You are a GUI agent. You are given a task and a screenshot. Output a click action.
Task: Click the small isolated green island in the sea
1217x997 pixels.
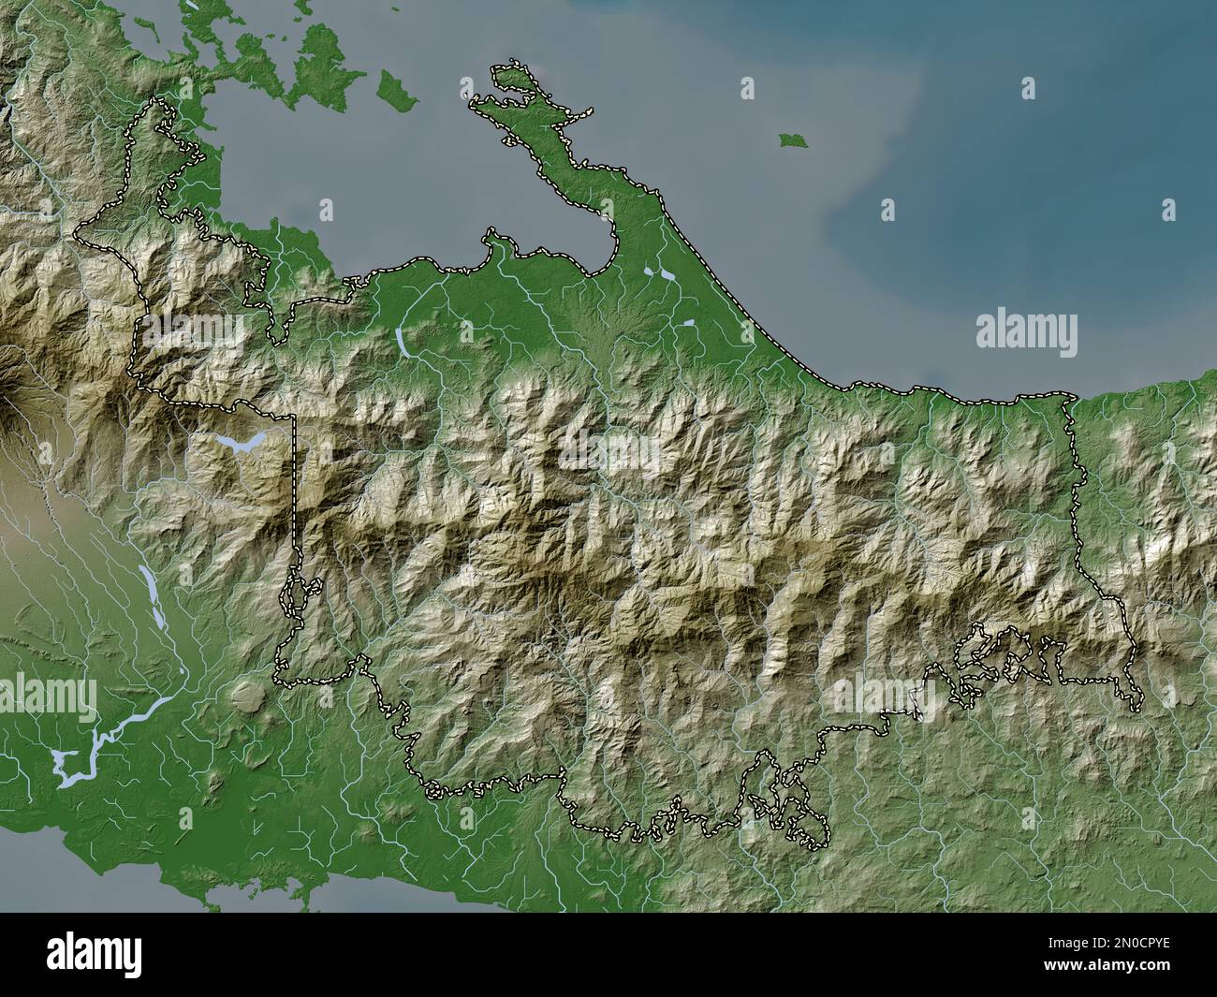(792, 139)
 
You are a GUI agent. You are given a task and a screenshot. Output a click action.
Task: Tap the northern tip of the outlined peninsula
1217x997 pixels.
(510, 66)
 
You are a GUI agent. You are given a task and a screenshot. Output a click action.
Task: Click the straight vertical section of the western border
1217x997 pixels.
(295, 496)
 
